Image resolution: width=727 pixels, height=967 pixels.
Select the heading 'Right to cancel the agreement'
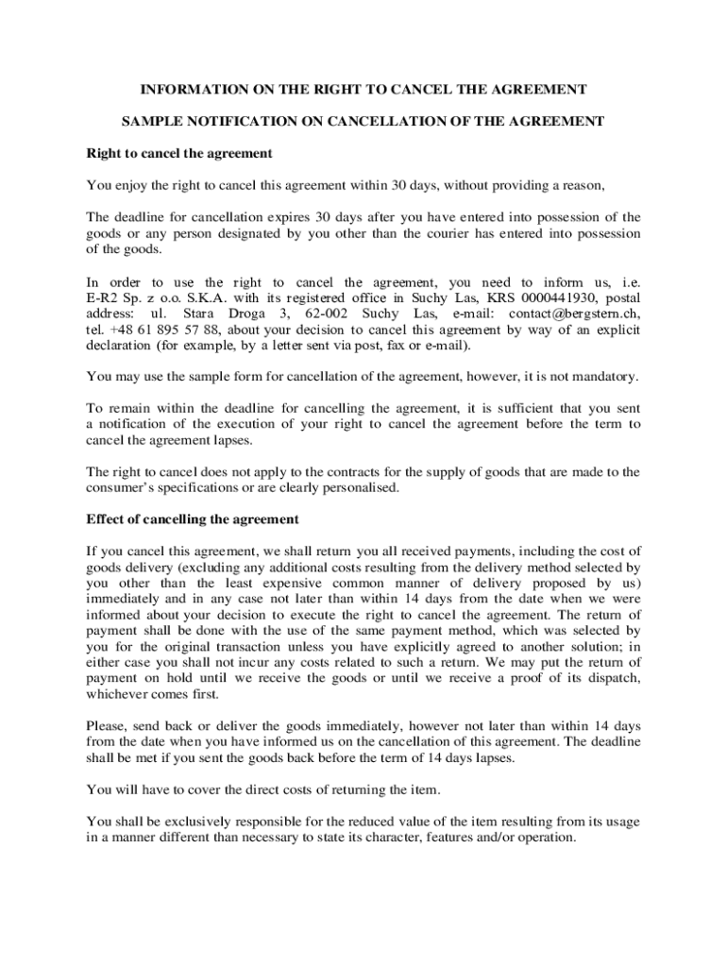pyautogui.click(x=179, y=153)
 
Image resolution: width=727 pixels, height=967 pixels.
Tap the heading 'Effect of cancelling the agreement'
pyautogui.click(x=193, y=519)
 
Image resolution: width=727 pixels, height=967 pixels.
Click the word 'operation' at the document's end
pyautogui.click(x=543, y=839)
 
